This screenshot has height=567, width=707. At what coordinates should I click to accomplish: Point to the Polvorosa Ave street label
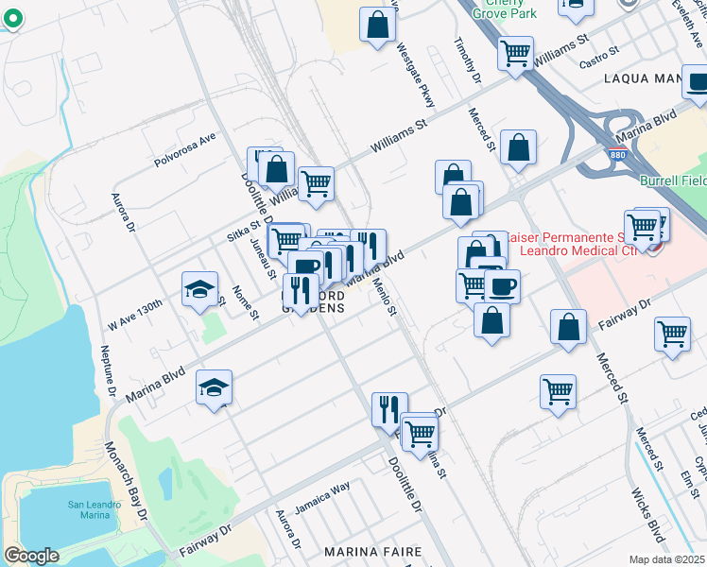[x=186, y=149]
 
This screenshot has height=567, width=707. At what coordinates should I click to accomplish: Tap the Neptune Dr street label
[x=108, y=369]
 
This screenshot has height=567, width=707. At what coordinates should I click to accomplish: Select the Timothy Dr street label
[x=469, y=60]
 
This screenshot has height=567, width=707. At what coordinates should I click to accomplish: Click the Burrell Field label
[x=675, y=176]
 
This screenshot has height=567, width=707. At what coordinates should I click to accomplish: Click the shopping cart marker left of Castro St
[x=515, y=53]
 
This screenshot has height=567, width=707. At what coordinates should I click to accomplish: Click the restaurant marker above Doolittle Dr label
[x=388, y=408]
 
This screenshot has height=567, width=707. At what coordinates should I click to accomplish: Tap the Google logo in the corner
[x=32, y=556]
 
